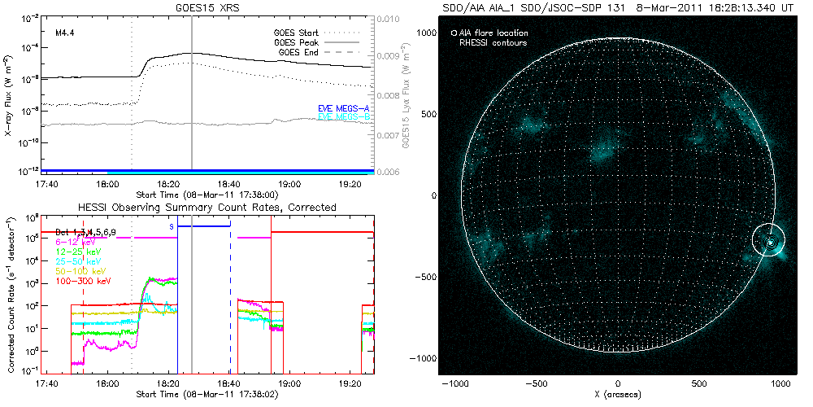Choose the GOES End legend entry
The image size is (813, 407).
click(298, 53)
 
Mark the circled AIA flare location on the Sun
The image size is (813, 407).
click(770, 241)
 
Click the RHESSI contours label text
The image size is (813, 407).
click(493, 42)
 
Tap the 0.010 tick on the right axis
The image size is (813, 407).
click(390, 18)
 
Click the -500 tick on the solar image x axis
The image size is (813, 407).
click(537, 382)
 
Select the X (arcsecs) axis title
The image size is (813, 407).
click(619, 393)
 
